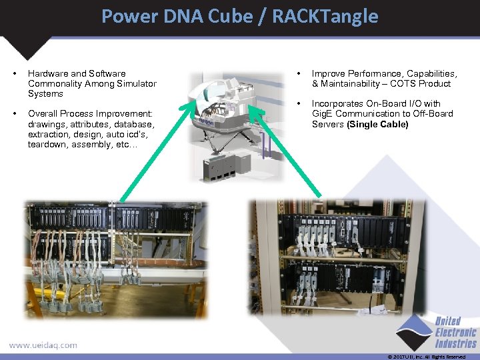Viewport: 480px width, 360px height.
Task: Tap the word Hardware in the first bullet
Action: [x=49, y=73]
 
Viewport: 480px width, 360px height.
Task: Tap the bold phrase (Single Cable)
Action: [x=378, y=124]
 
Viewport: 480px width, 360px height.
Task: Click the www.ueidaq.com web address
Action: [x=43, y=345]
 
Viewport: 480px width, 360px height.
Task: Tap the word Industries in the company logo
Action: [x=457, y=343]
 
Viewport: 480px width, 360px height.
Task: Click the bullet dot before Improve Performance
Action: [x=299, y=73]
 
